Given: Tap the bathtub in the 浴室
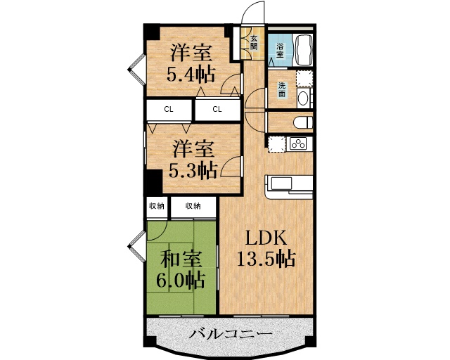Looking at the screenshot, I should [304, 49].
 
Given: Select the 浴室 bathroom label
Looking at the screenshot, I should [279, 50].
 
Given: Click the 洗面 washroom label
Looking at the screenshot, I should [282, 90].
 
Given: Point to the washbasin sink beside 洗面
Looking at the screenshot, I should [303, 96].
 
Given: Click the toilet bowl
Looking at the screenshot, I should [302, 122].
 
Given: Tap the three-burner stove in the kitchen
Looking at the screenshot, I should [297, 144].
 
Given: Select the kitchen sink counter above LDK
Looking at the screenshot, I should [288, 185].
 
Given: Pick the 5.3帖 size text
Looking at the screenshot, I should [192, 169].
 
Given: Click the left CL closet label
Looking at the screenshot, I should [169, 109].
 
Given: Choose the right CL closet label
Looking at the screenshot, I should [217, 109].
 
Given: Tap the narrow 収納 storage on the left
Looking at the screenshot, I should [156, 206].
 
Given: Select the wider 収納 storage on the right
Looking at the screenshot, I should [193, 206].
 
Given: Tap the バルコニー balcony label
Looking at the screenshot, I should [231, 334].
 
